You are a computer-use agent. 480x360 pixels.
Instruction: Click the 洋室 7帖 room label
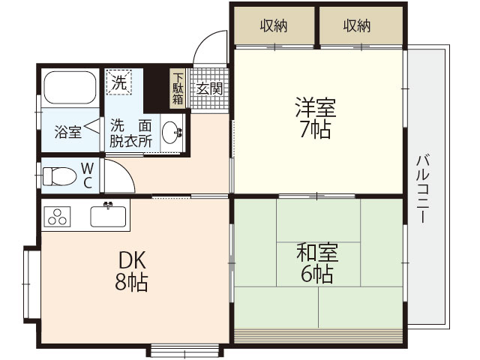(315, 118)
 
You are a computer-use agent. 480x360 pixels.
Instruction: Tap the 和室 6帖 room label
(317, 263)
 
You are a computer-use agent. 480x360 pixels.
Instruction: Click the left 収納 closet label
(274, 26)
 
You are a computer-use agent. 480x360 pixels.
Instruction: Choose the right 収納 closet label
(358, 26)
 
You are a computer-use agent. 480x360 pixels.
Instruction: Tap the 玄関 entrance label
(209, 88)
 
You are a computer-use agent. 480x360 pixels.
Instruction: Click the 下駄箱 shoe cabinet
(178, 87)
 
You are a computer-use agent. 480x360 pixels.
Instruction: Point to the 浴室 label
(68, 133)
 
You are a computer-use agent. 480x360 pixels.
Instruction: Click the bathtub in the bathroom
(70, 88)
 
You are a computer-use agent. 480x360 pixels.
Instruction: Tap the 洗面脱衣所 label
(130, 132)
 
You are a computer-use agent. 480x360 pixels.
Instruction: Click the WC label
(86, 174)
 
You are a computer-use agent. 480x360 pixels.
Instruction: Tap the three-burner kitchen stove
(56, 215)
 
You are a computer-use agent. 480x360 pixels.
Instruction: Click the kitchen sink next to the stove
(109, 215)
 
